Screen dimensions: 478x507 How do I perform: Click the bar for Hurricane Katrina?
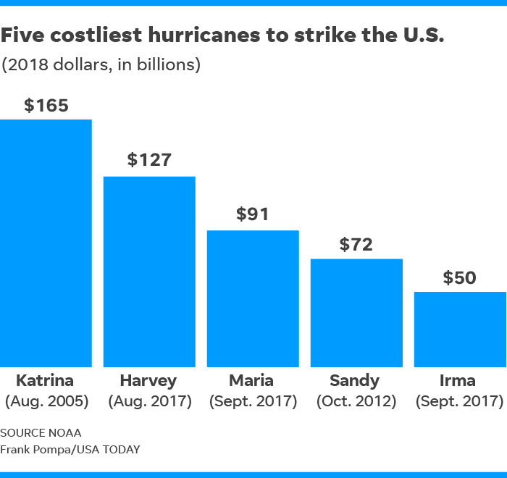pyautogui.click(x=46, y=243)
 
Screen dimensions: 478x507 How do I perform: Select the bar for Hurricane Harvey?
pyautogui.click(x=149, y=272)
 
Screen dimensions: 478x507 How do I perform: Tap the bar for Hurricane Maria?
pyautogui.click(x=253, y=298)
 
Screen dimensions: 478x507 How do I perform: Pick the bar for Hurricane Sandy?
pyautogui.click(x=356, y=313)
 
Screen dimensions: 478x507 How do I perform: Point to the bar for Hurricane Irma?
pyautogui.click(x=460, y=330)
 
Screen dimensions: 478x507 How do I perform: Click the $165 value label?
pyautogui.click(x=46, y=105)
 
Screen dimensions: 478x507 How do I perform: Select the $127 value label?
pyautogui.click(x=149, y=160)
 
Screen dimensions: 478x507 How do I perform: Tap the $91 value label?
pyautogui.click(x=253, y=214)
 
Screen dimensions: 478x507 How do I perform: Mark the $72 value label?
pyautogui.click(x=356, y=244)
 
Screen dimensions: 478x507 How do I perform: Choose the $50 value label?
pyautogui.click(x=460, y=277)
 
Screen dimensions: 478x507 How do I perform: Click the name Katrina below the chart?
pyautogui.click(x=45, y=381)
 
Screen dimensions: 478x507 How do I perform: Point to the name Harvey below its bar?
pyautogui.click(x=148, y=381)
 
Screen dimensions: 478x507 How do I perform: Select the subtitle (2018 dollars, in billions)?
pyautogui.click(x=101, y=64)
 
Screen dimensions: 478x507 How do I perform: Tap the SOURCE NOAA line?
pyautogui.click(x=41, y=432)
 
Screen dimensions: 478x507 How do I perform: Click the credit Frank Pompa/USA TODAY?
pyautogui.click(x=70, y=449)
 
